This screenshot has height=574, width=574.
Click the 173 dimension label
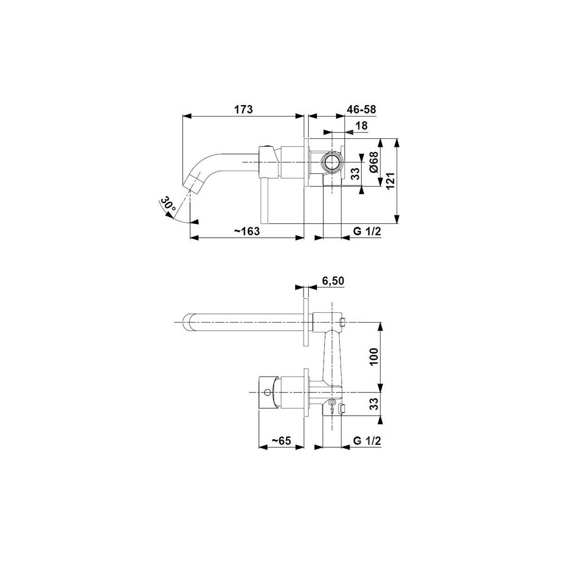click(244, 109)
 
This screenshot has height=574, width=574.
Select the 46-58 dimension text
click(361, 109)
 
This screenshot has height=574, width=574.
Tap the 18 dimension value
click(361, 126)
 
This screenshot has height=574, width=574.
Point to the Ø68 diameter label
click(374, 162)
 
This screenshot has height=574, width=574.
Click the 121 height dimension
click(390, 180)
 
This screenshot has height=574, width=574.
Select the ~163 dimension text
click(247, 231)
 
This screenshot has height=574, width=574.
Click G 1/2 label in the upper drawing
click(367, 231)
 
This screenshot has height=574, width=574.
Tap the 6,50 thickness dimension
click(333, 281)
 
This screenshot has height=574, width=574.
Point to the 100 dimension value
click(374, 357)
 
